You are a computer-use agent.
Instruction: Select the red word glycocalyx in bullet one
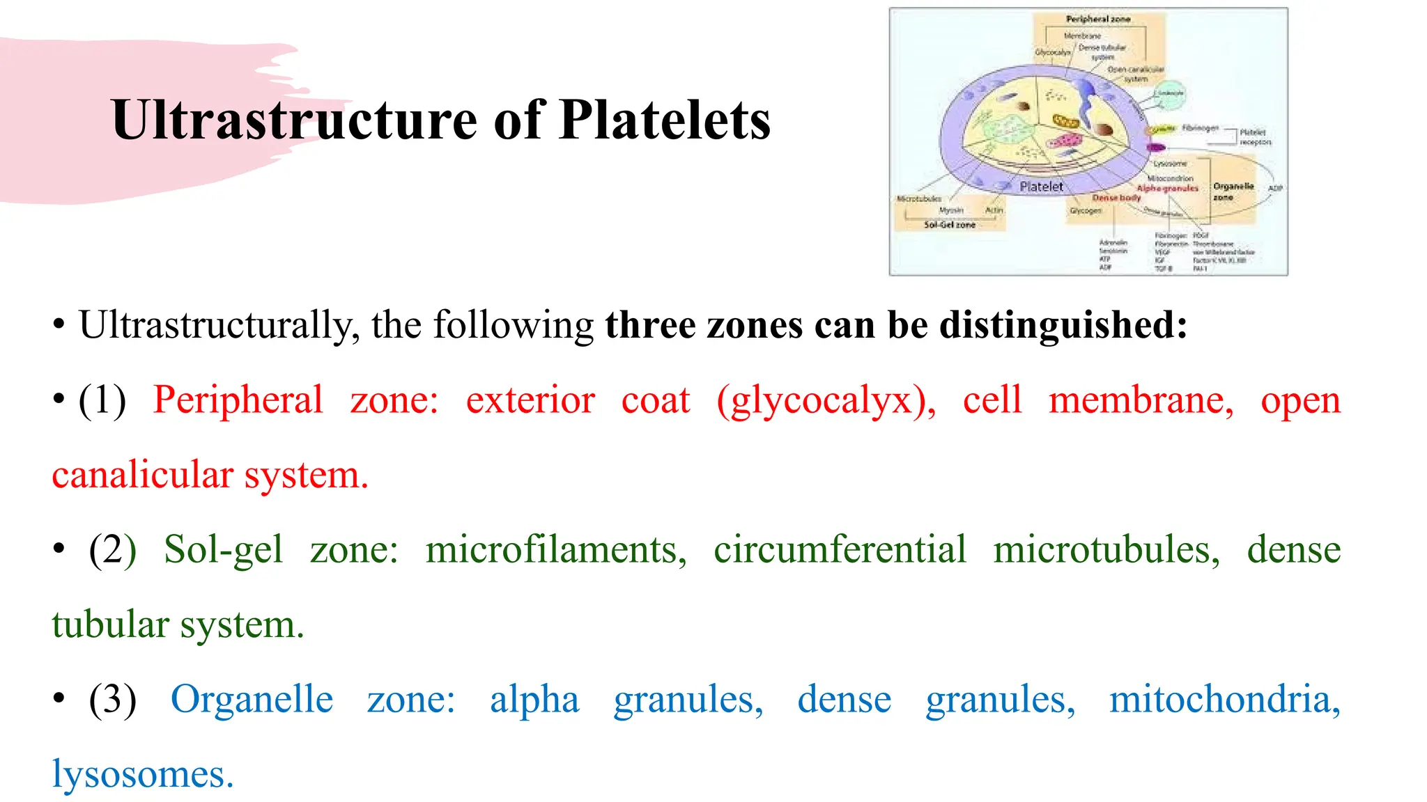825,401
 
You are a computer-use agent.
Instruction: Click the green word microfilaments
555,550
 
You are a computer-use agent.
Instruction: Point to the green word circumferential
840,550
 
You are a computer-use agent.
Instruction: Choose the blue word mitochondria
1224,700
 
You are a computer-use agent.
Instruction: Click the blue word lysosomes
142,774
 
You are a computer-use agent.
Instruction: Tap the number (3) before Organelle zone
112,700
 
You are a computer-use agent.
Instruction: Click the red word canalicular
142,475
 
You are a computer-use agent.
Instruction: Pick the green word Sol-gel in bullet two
223,550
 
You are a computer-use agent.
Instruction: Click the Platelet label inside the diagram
1041,187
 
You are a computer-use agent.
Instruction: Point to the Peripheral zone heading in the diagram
1097,19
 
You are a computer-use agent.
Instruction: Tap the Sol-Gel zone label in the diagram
949,225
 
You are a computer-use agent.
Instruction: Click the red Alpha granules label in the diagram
1167,188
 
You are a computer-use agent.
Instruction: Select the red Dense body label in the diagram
1116,198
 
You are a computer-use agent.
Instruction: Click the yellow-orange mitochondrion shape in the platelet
1065,123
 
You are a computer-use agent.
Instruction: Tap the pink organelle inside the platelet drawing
1065,142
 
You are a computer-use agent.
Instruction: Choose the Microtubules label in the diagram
918,199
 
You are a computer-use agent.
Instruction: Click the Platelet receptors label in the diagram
1255,136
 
